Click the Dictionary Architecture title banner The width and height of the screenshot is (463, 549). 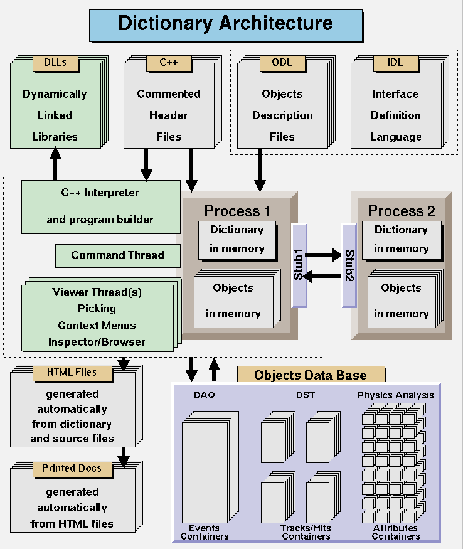pyautogui.click(x=225, y=24)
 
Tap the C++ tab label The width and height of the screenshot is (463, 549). pyautogui.click(x=168, y=63)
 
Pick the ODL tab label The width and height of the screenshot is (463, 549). pyautogui.click(x=282, y=63)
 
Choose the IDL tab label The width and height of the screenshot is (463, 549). pyautogui.click(x=395, y=63)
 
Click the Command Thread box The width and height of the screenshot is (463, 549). pyautogui.click(x=117, y=255)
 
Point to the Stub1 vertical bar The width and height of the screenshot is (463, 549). pyautogui.click(x=299, y=265)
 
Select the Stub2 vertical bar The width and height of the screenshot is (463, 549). pyautogui.click(x=349, y=265)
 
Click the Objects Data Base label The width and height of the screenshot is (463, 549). pyautogui.click(x=310, y=375)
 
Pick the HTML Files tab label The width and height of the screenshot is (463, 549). pyautogui.click(x=72, y=373)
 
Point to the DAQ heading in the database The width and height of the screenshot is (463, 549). pyautogui.click(x=204, y=396)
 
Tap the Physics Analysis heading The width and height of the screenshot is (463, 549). pyautogui.click(x=395, y=396)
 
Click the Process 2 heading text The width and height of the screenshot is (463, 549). pyautogui.click(x=402, y=211)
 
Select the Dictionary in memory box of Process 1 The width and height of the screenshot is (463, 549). pyautogui.click(x=237, y=239)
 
